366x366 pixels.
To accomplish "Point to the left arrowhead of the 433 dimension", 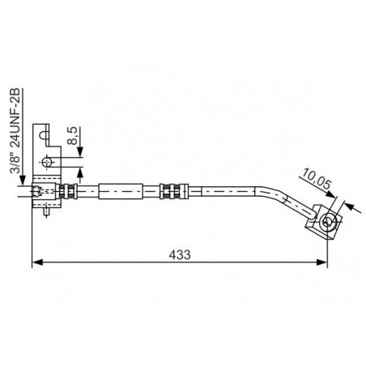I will (x=36, y=262).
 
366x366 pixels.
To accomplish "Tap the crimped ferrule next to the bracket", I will (x=68, y=192).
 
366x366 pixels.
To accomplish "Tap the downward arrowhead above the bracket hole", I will (x=80, y=157).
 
